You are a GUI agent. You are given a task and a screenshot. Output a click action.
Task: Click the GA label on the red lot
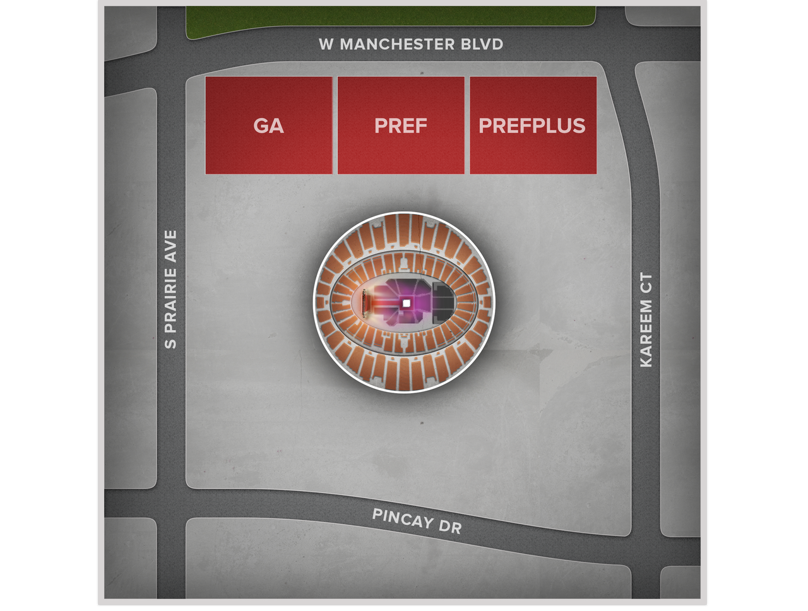click(x=268, y=126)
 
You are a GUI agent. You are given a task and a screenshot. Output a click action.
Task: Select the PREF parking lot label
click(x=401, y=126)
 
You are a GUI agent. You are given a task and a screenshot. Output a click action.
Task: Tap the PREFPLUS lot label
click(x=532, y=126)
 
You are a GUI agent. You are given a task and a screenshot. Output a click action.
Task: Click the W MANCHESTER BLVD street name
click(x=411, y=44)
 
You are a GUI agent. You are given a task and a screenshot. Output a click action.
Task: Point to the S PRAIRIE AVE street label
click(x=170, y=289)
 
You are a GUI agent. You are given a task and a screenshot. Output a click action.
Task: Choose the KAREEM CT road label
click(x=646, y=320)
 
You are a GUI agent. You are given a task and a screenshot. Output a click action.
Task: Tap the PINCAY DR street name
click(x=417, y=521)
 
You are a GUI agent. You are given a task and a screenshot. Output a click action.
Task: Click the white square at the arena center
click(x=406, y=304)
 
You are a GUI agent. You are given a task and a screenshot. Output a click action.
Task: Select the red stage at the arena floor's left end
click(x=365, y=303)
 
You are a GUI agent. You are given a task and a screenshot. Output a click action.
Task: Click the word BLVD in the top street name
click(x=483, y=44)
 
